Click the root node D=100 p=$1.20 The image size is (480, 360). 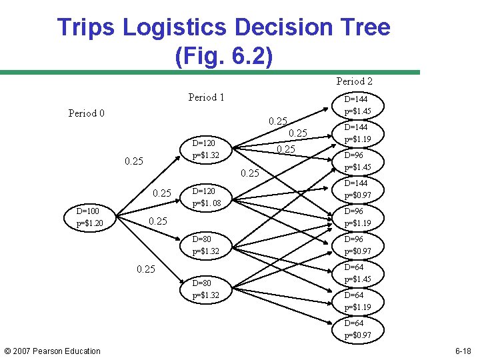[x=89, y=217]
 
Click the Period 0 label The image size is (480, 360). [x=87, y=113]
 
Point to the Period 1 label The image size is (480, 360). [x=207, y=97]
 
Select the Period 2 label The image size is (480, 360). [x=355, y=81]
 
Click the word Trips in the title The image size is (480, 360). [x=84, y=27]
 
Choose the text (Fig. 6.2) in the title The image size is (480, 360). [x=223, y=55]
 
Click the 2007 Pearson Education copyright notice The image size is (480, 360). [x=53, y=351]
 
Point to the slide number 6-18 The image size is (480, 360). [x=463, y=351]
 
